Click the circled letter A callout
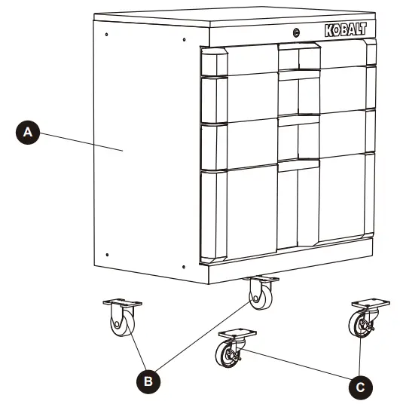tap(28, 132)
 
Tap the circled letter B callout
tap(149, 381)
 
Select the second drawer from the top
tap(286, 95)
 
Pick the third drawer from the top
tap(286, 137)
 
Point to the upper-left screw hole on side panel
tap(107, 35)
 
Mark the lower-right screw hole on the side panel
tap(184, 264)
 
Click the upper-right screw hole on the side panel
tap(184, 39)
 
